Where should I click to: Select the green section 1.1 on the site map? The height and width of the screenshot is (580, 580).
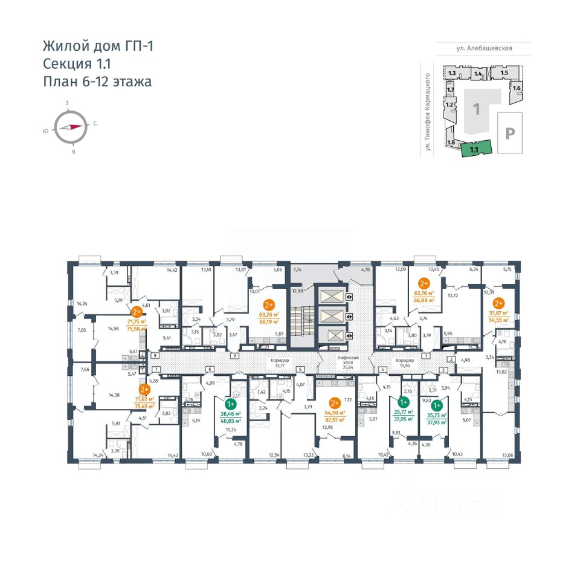click(x=474, y=148)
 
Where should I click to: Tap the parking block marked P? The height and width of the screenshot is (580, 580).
click(x=509, y=134)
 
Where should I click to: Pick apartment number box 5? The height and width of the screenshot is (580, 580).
click(x=300, y=369)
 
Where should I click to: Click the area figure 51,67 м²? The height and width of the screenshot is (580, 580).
click(x=499, y=313)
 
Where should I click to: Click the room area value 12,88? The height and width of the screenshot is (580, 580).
click(x=297, y=291)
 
